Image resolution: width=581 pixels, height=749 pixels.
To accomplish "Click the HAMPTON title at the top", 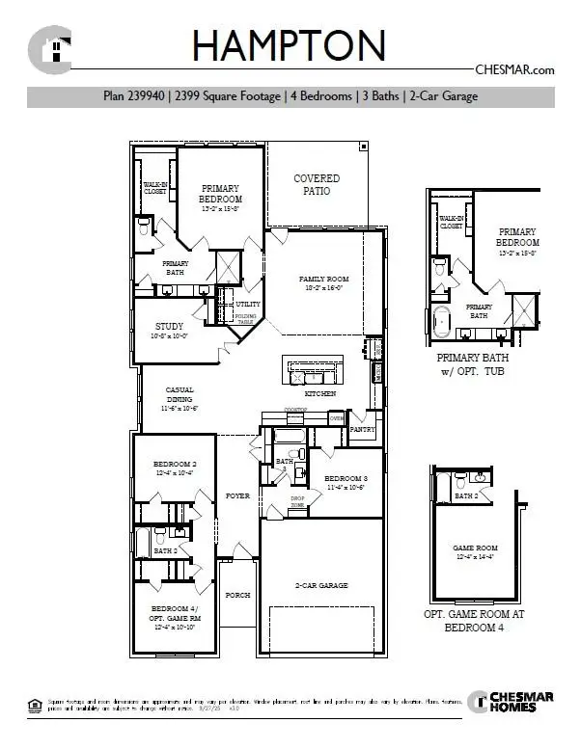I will [x=290, y=45].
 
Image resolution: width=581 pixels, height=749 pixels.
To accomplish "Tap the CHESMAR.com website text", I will [x=515, y=69].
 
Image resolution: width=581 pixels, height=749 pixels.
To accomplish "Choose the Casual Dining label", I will [x=180, y=398].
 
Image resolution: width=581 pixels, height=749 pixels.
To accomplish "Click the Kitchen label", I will [x=319, y=394].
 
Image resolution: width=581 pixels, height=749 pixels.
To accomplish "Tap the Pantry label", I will [x=363, y=429].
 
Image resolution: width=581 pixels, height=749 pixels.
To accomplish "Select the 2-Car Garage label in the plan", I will [x=321, y=585].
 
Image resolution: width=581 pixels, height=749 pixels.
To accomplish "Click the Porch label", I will [x=237, y=595].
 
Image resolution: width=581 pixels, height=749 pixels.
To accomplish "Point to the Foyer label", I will [x=237, y=495].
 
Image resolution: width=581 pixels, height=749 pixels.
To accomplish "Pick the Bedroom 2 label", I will [x=175, y=468].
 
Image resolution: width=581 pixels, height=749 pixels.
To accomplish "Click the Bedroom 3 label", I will [x=346, y=483].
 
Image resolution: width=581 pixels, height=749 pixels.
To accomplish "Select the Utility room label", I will [x=248, y=305].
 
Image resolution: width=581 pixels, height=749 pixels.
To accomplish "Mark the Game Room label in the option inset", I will [x=475, y=551].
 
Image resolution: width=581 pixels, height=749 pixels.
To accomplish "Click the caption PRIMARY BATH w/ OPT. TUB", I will [x=471, y=363].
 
